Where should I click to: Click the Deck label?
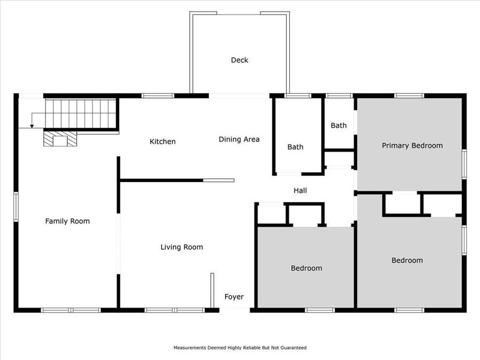click(x=239, y=60)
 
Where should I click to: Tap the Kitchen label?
click(x=162, y=141)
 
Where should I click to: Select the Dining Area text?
click(x=239, y=139)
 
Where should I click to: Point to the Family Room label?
click(x=67, y=221)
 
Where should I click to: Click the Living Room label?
click(x=182, y=247)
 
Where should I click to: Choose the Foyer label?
click(x=234, y=297)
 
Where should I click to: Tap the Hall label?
click(x=300, y=190)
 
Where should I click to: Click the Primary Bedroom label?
click(x=412, y=145)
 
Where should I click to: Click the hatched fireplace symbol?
click(x=60, y=140)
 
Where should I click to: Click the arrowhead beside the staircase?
click(x=32, y=126)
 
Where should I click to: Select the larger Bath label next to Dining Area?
click(x=295, y=147)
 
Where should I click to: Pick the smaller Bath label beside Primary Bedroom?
click(x=339, y=125)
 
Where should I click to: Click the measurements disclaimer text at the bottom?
click(x=240, y=348)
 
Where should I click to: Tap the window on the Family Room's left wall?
click(x=16, y=207)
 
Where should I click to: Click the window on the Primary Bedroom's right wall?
click(x=464, y=164)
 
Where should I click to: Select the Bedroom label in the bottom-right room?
click(x=407, y=260)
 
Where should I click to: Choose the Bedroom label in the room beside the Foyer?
click(x=306, y=268)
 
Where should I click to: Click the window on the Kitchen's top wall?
click(x=158, y=96)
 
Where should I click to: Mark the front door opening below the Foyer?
click(x=235, y=310)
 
